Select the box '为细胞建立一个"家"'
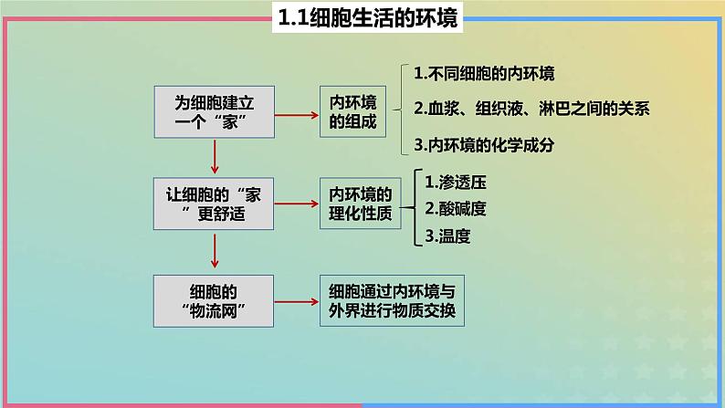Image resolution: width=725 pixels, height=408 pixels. click(x=214, y=113)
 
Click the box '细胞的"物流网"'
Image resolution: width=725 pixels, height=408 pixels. click(x=214, y=300)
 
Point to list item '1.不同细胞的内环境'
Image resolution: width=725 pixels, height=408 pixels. click(x=484, y=74)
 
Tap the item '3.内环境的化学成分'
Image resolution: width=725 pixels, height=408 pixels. click(x=484, y=144)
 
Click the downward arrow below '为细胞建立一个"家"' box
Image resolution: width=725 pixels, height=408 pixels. click(x=215, y=157)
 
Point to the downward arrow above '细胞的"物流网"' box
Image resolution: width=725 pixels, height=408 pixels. click(x=215, y=248)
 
